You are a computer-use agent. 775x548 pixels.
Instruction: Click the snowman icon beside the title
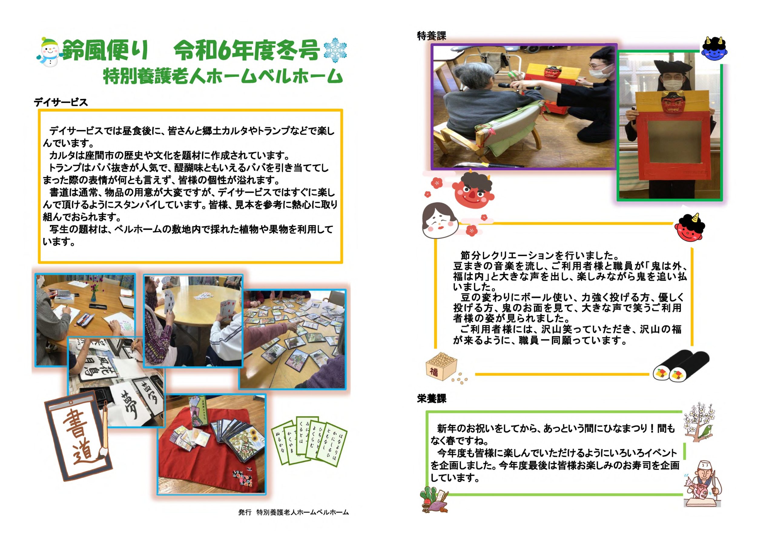[x=49, y=52]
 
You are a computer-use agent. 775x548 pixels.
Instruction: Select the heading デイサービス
[x=61, y=102]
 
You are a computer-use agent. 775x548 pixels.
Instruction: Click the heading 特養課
[x=432, y=36]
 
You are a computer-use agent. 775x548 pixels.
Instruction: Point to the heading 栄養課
[x=432, y=399]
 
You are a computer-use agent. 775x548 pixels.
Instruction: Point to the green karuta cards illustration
[x=309, y=442]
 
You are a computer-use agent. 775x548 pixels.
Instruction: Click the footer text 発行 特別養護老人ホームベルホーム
[x=293, y=512]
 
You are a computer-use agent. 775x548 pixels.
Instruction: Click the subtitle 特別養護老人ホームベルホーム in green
[x=223, y=76]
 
